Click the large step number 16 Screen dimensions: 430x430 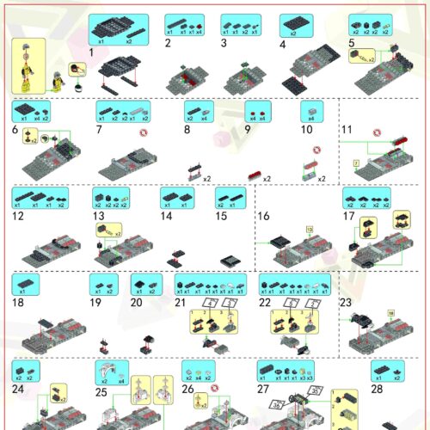(x=263, y=215)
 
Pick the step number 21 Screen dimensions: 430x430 (x=180, y=304)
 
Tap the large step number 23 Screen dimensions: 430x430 (x=347, y=303)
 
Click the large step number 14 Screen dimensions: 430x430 (x=166, y=217)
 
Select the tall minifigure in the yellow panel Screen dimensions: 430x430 (x=28, y=65)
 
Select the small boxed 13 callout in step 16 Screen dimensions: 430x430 (x=309, y=229)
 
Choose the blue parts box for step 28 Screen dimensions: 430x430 (x=387, y=371)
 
